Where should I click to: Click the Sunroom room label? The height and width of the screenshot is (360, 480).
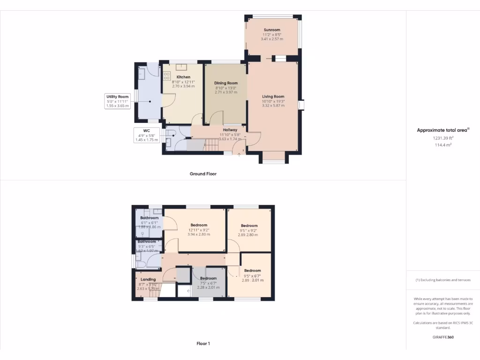pos(272,30)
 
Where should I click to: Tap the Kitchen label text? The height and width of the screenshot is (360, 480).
pos(183,77)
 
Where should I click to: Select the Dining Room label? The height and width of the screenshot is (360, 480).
pos(226,83)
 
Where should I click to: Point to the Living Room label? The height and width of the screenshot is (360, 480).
pos(273,97)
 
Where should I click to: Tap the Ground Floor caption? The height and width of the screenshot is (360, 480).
pos(203,174)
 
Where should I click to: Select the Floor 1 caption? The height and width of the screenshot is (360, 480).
pos(203,344)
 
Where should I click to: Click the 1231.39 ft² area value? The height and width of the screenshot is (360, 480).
pos(442,138)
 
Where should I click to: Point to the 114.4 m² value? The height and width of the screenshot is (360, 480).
pos(442,145)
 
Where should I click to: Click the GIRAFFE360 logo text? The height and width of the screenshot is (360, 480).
pos(443,337)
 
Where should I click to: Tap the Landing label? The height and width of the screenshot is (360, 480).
pos(148,279)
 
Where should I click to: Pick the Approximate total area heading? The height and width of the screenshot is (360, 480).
pos(443,130)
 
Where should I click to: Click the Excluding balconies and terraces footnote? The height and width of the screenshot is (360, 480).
pos(443,280)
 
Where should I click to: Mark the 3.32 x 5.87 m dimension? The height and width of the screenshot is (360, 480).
pos(273,105)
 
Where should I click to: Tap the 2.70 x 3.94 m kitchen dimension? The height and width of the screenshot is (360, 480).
pos(183,86)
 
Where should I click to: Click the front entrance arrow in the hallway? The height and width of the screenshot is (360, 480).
pos(240,153)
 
